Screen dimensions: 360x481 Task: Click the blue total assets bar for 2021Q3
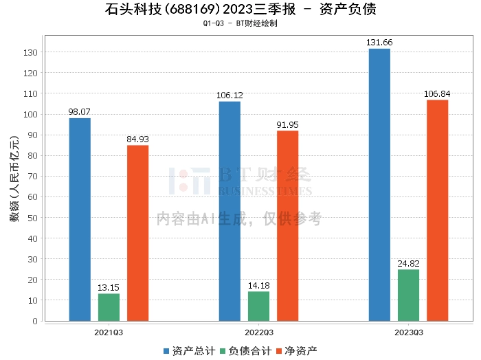click(80, 219)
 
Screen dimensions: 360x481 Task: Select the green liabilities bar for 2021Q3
click(109, 307)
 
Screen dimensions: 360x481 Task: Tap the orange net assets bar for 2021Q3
click(137, 233)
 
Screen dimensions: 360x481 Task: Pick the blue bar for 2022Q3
click(230, 211)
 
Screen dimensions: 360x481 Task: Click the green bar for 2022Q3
click(258, 306)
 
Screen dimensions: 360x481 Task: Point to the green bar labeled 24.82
click(408, 295)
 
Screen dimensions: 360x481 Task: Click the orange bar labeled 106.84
click(437, 210)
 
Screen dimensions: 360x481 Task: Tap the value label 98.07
click(80, 111)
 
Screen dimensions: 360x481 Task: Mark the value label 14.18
click(258, 284)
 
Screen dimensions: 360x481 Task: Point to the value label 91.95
click(287, 124)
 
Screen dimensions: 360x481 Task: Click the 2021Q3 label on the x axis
click(109, 332)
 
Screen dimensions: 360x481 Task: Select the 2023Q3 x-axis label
click(408, 332)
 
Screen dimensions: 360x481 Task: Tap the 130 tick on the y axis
click(32, 52)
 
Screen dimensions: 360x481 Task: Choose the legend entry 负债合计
click(244, 350)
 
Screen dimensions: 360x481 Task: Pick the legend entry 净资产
click(295, 350)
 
